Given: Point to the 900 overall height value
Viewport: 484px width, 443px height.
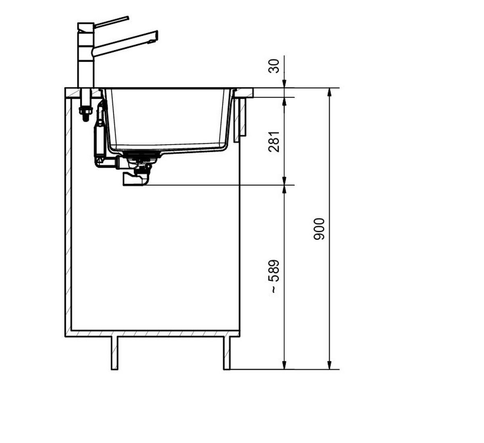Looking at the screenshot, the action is point(319,229).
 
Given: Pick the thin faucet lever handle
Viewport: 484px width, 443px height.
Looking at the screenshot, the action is point(111,22).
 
